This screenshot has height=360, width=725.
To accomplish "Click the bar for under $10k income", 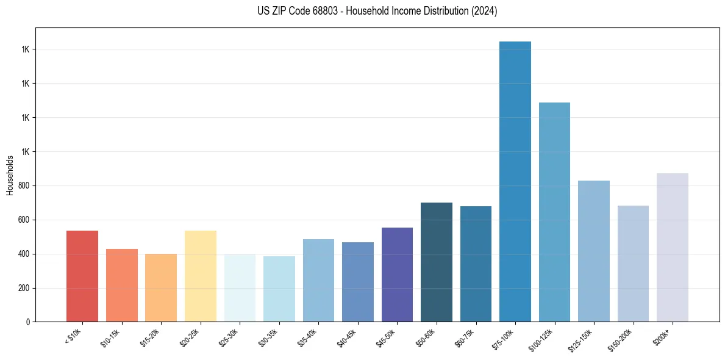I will coord(82,276).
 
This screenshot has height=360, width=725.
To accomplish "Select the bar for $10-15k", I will coord(122,286).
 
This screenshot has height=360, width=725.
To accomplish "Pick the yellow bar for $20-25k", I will coord(201,276).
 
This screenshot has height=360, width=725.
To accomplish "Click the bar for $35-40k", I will coord(318,281).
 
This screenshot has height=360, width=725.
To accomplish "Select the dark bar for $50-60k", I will coord(437,262).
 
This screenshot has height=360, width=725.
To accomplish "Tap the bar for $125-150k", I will coord(594,251).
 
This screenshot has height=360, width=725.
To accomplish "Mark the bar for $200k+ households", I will coord(673,248).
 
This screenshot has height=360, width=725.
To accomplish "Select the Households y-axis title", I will coord(10,175).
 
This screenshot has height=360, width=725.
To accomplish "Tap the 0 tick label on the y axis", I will coord(28,322).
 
